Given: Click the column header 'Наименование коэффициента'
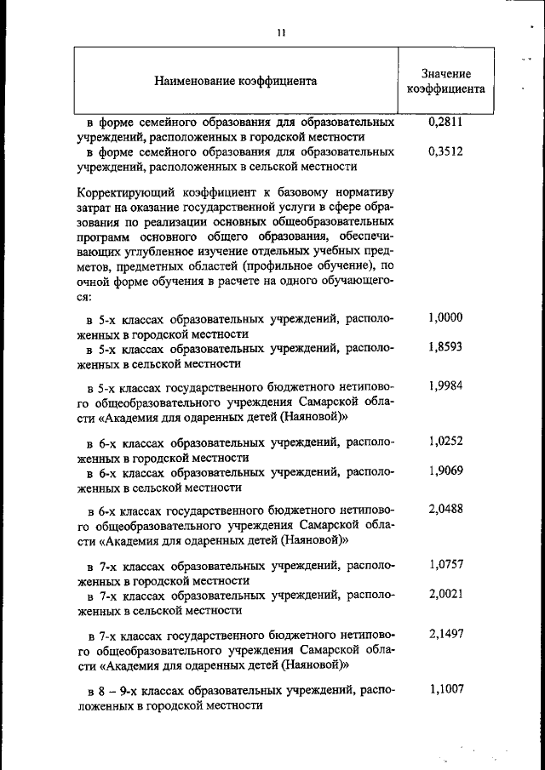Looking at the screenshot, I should (x=236, y=81).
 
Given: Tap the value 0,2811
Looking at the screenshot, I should (x=445, y=123).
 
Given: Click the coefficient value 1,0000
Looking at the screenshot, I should (x=445, y=318).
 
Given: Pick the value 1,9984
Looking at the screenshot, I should (x=445, y=385).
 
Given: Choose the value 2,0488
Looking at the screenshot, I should (x=445, y=508).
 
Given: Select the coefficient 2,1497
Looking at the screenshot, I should (x=445, y=630).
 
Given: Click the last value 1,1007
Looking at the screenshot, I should (x=445, y=687).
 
